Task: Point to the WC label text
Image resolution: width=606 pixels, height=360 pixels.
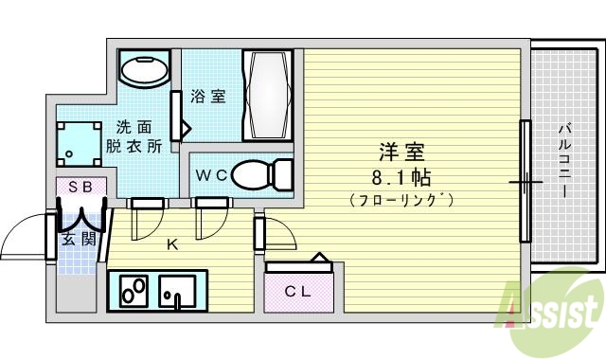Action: point(209,175)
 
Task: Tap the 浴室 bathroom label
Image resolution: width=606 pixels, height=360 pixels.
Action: point(206,96)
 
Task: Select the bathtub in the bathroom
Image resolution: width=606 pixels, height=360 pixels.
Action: point(272,96)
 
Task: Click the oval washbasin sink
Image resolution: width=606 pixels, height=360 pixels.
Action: point(145,69)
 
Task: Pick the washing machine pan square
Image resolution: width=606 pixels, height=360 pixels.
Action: point(78,143)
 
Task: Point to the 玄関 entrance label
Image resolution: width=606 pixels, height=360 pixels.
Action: point(79,239)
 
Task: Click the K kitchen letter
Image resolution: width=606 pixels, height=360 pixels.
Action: point(172,244)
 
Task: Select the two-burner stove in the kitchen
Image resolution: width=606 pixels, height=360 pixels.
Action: point(132,290)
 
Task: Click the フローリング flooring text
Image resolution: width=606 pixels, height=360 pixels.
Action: point(401,200)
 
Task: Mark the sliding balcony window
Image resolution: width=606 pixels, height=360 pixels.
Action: point(523,179)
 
